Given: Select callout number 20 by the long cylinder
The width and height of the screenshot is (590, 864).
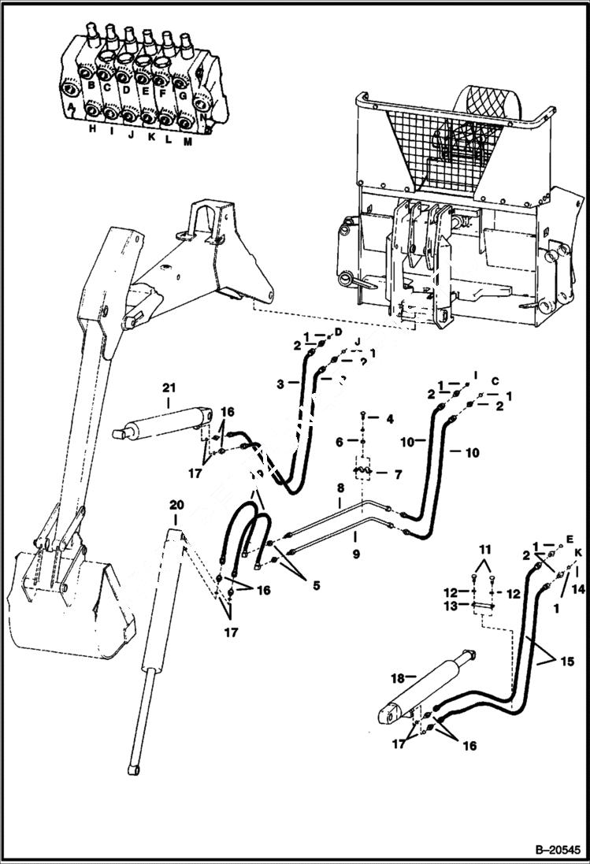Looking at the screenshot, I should coord(176,504).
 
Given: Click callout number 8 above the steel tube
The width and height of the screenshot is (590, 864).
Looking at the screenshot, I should coord(340,489).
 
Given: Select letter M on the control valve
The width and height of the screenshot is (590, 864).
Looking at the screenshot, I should coord(187,143).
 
